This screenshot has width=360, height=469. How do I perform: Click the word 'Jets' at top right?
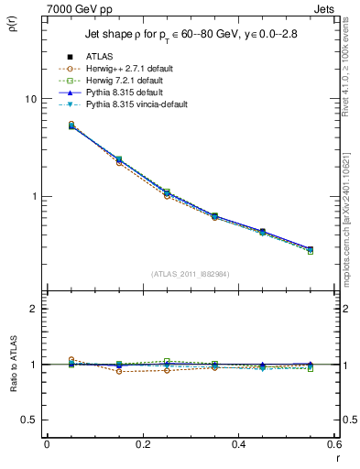pos(326,8)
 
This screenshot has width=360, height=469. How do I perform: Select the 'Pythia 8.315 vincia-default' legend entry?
pos(143,105)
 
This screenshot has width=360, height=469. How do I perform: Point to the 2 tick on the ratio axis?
pos(32,310)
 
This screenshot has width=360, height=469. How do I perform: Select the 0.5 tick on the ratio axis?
pos(28,420)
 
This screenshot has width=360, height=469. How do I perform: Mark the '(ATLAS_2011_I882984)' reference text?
pos(191,274)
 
